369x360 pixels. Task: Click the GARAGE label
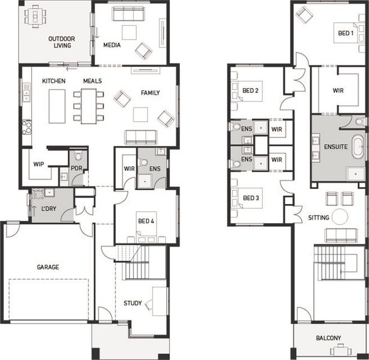(x=48, y=267)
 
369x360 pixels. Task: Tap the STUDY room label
(x=133, y=303)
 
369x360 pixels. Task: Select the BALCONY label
(x=328, y=338)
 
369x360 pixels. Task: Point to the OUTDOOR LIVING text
(x=62, y=42)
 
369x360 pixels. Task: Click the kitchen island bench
(x=57, y=106)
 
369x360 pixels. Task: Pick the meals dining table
(x=89, y=106)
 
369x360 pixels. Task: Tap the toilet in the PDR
(x=78, y=156)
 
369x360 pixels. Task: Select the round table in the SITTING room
(x=340, y=217)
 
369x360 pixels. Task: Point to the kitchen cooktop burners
(x=27, y=127)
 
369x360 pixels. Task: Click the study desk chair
(x=148, y=304)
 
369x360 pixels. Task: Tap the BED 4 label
(x=146, y=221)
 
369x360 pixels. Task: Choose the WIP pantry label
(x=38, y=164)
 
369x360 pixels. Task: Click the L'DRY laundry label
(x=49, y=208)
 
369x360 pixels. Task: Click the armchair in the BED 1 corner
(x=304, y=14)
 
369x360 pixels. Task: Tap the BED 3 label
(x=251, y=198)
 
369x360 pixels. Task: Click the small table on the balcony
(x=340, y=350)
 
